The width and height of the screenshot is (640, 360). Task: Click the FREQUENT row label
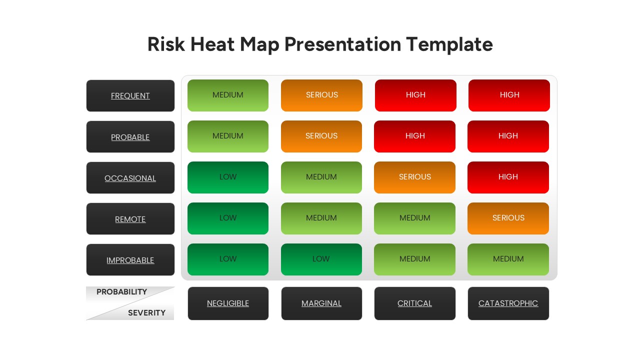pyautogui.click(x=130, y=95)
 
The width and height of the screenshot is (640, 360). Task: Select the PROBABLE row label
pyautogui.click(x=130, y=137)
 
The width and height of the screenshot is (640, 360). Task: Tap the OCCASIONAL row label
pyautogui.click(x=130, y=178)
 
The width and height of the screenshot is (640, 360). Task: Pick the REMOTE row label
pyautogui.click(x=130, y=219)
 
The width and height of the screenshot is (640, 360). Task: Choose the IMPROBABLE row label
pyautogui.click(x=130, y=260)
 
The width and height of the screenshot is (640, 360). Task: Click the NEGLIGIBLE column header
pyautogui.click(x=228, y=303)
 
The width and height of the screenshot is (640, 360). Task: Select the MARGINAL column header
pyautogui.click(x=321, y=303)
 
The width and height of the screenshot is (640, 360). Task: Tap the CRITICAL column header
pyautogui.click(x=415, y=303)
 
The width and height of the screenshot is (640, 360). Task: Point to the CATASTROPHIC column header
pyautogui.click(x=508, y=303)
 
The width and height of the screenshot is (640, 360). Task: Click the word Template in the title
pyautogui.click(x=449, y=44)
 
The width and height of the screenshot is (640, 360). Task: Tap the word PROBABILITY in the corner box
pyautogui.click(x=121, y=292)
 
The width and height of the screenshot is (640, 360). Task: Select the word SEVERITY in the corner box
pyautogui.click(x=146, y=313)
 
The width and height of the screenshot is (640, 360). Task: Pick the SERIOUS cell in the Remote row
pyautogui.click(x=508, y=218)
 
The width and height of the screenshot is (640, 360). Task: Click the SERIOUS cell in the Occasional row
pyautogui.click(x=415, y=177)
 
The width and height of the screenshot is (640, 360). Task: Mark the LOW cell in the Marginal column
pyautogui.click(x=321, y=259)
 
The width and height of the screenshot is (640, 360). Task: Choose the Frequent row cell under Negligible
pyautogui.click(x=228, y=95)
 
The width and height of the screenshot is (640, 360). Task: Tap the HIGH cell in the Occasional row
pyautogui.click(x=508, y=177)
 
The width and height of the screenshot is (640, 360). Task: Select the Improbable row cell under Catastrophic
pyautogui.click(x=508, y=259)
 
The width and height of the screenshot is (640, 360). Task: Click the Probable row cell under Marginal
pyautogui.click(x=321, y=136)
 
